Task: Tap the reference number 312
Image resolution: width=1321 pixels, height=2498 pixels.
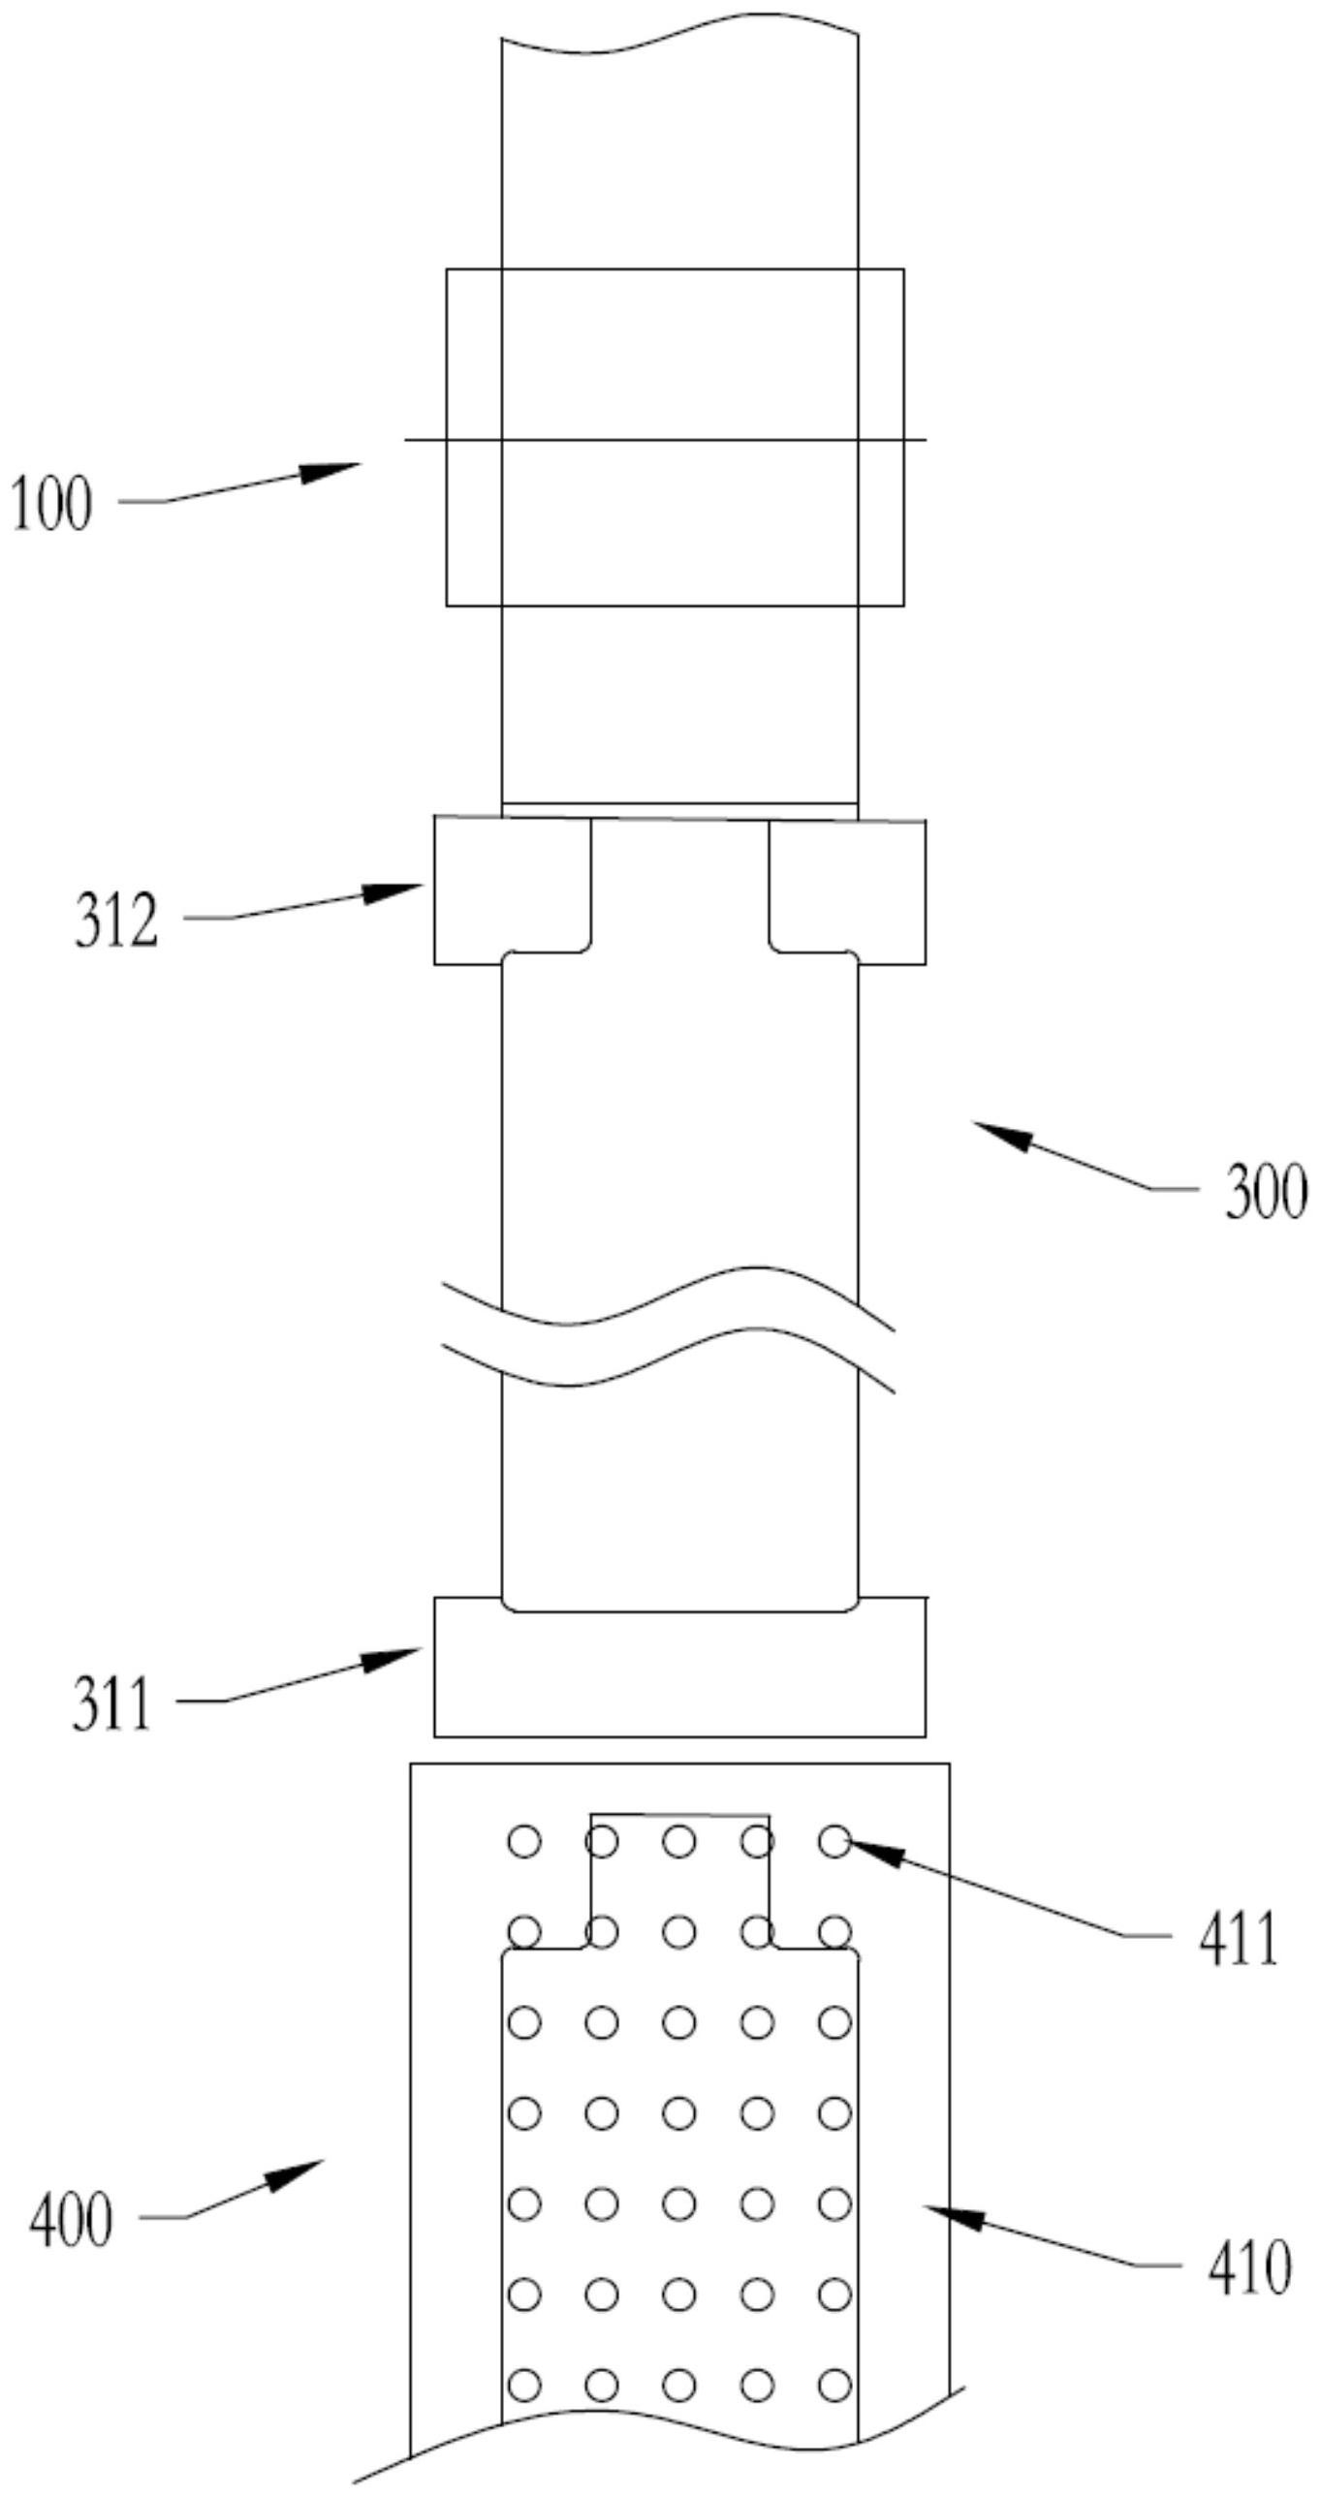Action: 116,921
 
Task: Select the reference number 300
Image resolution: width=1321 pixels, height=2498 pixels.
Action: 1266,1192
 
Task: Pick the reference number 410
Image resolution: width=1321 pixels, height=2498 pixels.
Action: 1249,2270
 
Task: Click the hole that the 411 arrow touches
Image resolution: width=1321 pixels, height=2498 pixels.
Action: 834,1840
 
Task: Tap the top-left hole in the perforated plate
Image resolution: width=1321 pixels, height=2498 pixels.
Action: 524,1840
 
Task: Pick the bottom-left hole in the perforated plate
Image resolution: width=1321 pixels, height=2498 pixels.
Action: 524,2384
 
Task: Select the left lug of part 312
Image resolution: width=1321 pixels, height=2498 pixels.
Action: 511,890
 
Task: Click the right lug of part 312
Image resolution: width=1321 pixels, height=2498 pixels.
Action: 847,890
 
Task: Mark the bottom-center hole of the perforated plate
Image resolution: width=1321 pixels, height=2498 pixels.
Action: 679,2384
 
